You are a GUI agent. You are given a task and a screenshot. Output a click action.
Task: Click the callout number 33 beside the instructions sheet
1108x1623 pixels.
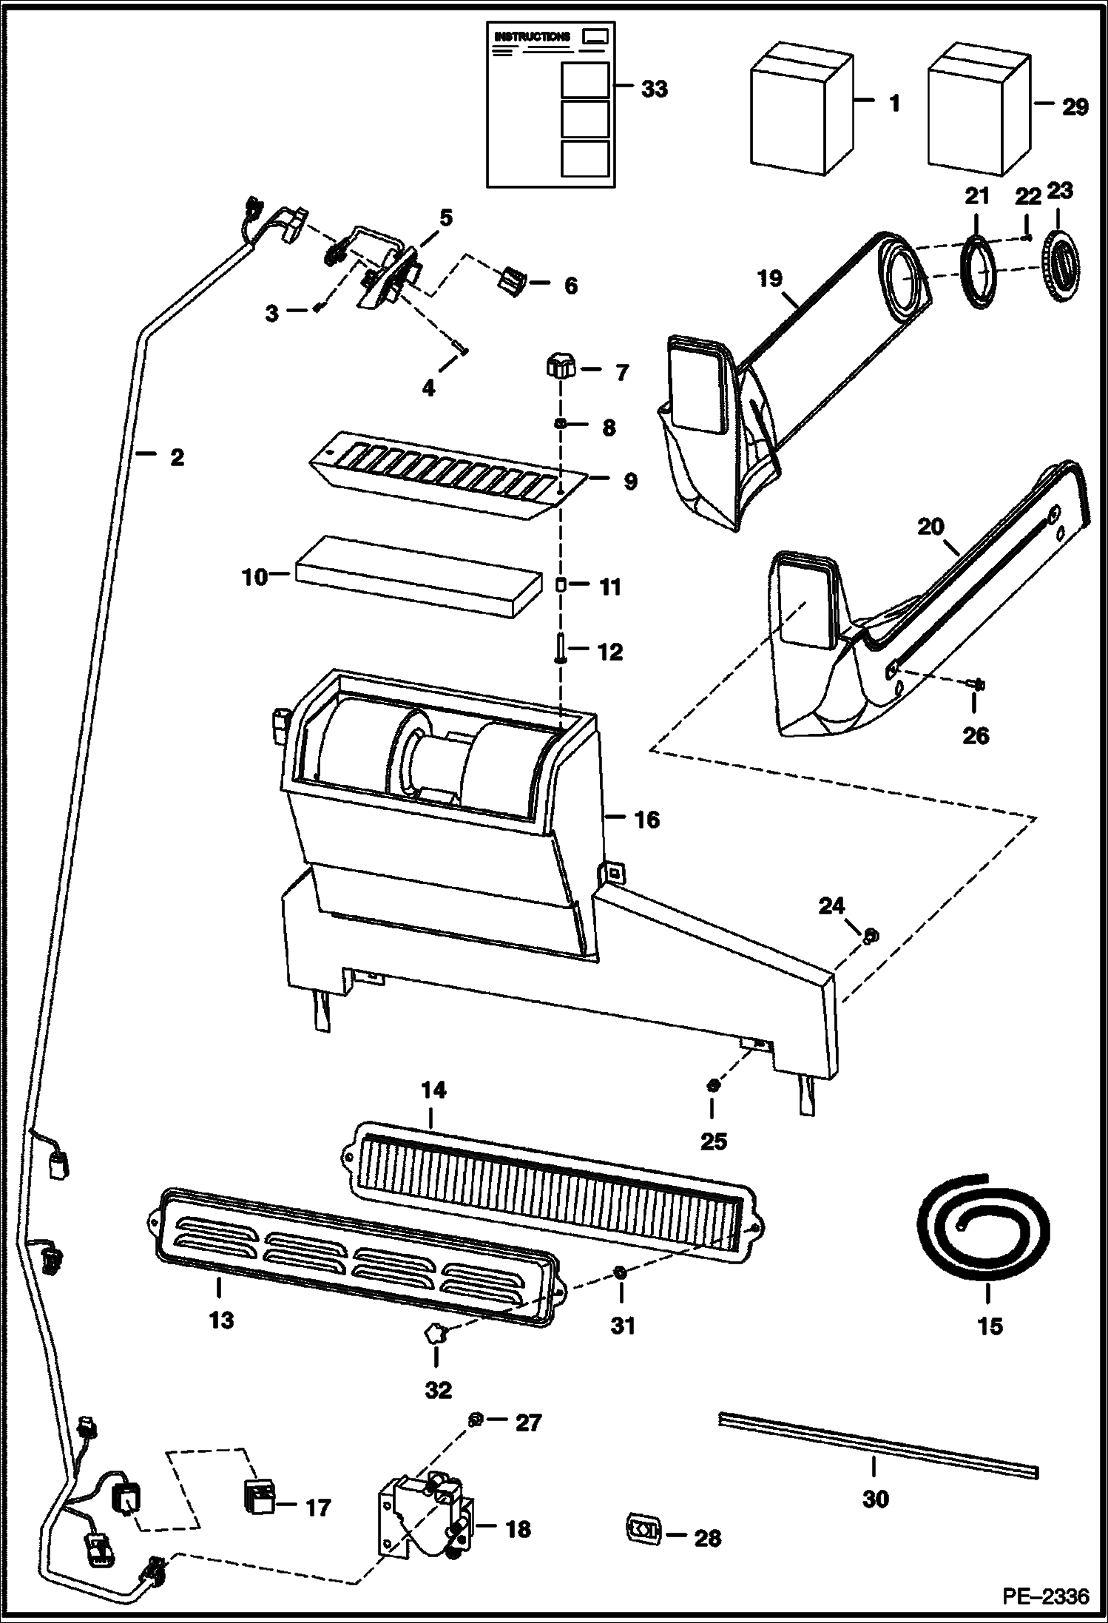point(654,90)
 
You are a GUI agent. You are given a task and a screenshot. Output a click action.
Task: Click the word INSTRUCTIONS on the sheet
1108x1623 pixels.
point(533,36)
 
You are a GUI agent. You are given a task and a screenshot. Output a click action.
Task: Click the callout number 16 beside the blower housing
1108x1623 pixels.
point(646,819)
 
